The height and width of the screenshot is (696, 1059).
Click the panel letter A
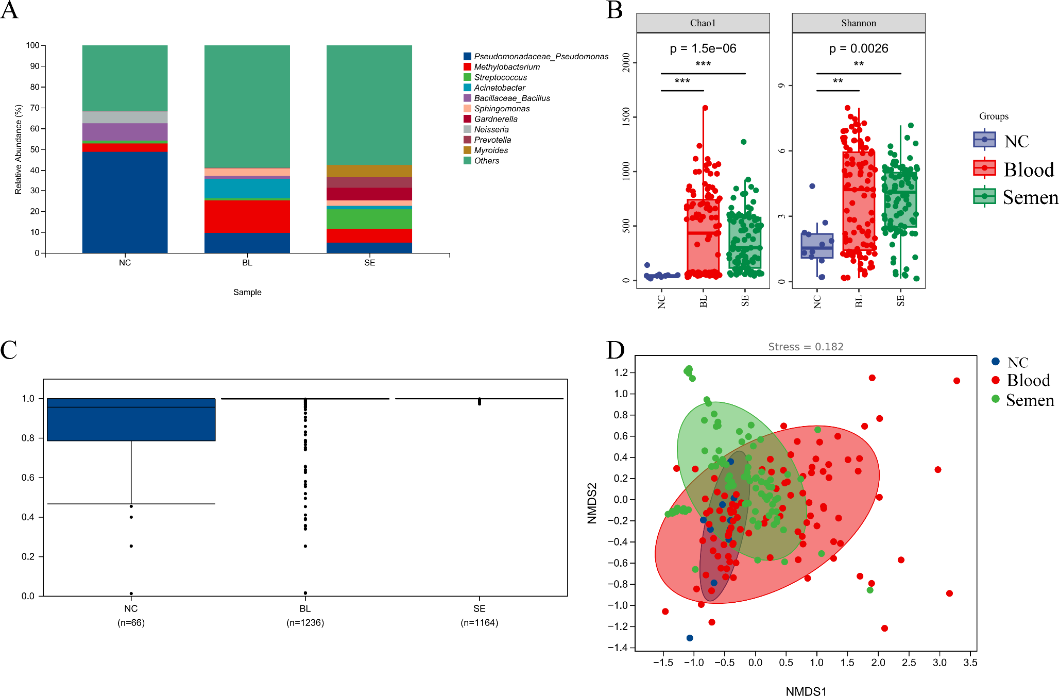pyautogui.click(x=9, y=10)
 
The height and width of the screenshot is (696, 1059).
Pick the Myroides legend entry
pyautogui.click(x=491, y=150)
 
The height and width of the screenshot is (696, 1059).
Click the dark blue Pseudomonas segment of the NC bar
pyautogui.click(x=125, y=202)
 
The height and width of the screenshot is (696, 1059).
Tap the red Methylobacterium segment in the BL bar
pyautogui.click(x=247, y=216)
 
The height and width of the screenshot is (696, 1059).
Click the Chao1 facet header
pyautogui.click(x=703, y=23)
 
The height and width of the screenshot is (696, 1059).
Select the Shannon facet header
pyautogui.click(x=858, y=23)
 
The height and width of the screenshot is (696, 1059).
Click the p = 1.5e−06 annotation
pyautogui.click(x=703, y=48)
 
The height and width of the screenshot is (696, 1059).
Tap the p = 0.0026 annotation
pyautogui.click(x=858, y=48)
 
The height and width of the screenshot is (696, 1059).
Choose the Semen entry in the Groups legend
pyautogui.click(x=1029, y=197)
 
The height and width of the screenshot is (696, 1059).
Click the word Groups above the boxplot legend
pyautogui.click(x=994, y=116)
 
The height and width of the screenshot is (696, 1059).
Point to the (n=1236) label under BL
pyautogui.click(x=305, y=623)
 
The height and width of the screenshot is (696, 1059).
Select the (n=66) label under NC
pyautogui.click(x=131, y=623)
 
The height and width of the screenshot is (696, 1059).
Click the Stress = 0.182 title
pyautogui.click(x=806, y=347)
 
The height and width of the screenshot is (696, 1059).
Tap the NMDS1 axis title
pyautogui.click(x=806, y=691)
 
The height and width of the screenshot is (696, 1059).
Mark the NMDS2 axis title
pyautogui.click(x=592, y=503)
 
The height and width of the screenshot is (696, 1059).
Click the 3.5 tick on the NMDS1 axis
pyautogui.click(x=970, y=663)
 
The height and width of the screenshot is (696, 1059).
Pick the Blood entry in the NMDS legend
pyautogui.click(x=1028, y=380)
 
